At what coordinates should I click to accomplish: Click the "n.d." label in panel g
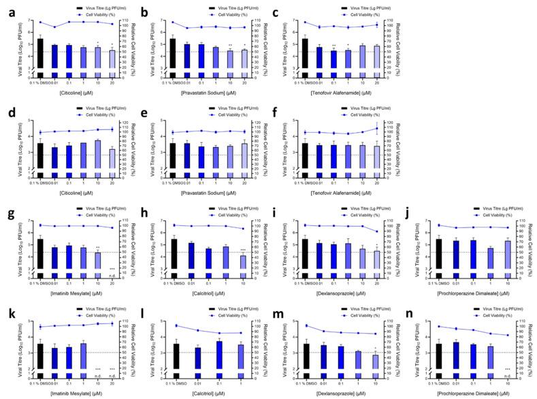pyautogui.click(x=112, y=276)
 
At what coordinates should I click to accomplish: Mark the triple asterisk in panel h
pyautogui.click(x=243, y=250)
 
